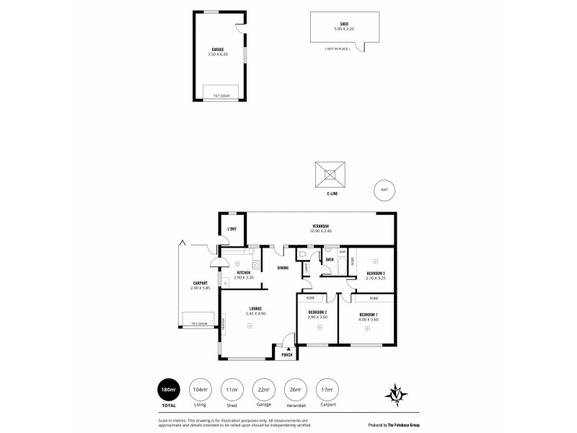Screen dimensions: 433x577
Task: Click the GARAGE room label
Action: point(217,49)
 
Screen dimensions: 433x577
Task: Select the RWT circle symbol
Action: point(384,190)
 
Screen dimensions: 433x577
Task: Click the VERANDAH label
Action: point(320,225)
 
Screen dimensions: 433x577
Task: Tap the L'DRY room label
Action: point(232,229)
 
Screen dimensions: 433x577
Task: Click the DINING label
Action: point(283,268)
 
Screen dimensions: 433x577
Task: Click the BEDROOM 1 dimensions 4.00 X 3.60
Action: point(370,320)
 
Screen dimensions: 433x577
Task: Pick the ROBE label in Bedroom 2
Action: point(311,297)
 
